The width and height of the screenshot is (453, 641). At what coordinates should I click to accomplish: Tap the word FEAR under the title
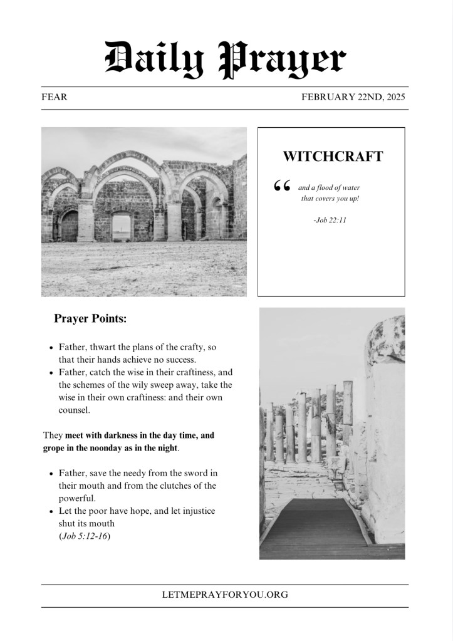coord(54,97)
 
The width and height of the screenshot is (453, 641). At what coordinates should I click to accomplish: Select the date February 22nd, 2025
coord(353,97)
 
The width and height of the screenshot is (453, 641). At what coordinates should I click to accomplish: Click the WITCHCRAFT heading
coord(332,157)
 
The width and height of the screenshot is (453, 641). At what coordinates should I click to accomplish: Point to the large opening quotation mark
coord(282,186)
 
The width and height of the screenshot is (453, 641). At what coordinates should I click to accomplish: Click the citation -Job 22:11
coord(330,220)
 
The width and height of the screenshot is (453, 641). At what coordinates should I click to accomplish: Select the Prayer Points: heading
coord(90,319)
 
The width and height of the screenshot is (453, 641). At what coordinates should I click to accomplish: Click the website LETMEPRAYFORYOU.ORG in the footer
coord(225,595)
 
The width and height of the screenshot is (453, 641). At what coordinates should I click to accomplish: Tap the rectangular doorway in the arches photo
coord(122,227)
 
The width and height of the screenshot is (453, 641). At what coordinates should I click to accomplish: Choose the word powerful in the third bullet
coord(78,499)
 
